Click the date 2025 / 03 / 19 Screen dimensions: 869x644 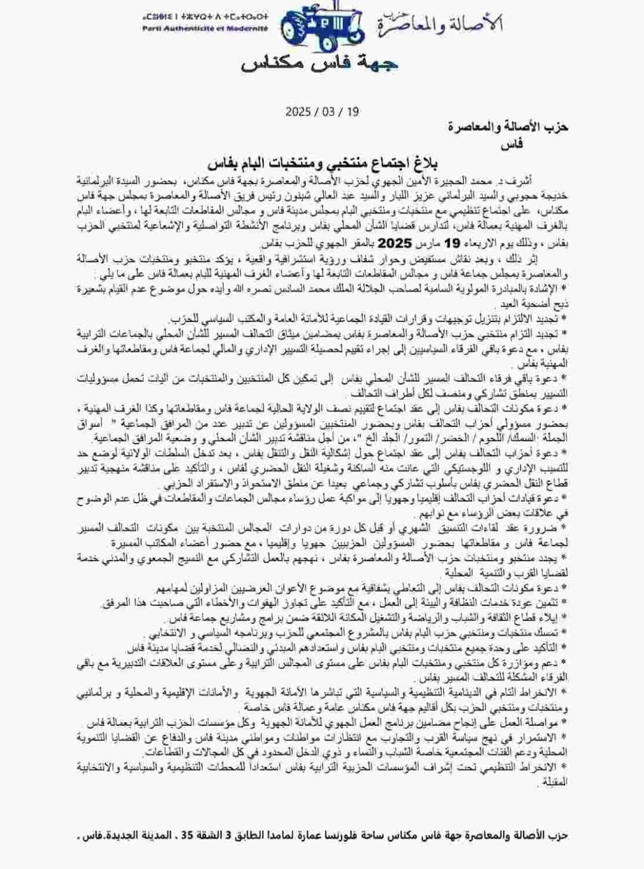pyautogui.click(x=322, y=112)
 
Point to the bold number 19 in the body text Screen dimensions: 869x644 pyautogui.click(x=453, y=243)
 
